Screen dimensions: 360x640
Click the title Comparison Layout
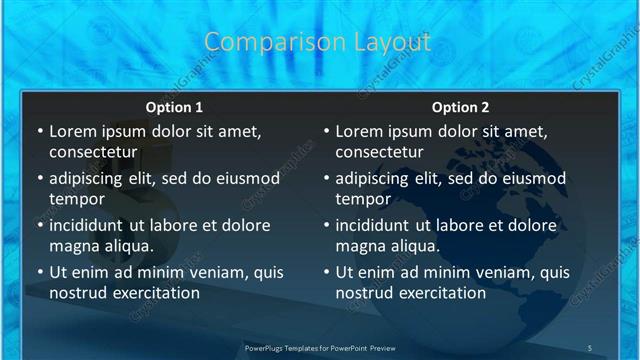tap(317, 42)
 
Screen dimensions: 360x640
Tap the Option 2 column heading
tap(460, 107)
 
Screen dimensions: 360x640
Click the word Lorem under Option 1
tap(73, 131)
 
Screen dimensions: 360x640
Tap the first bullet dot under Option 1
tap(39, 132)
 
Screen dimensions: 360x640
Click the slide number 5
tap(590, 348)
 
